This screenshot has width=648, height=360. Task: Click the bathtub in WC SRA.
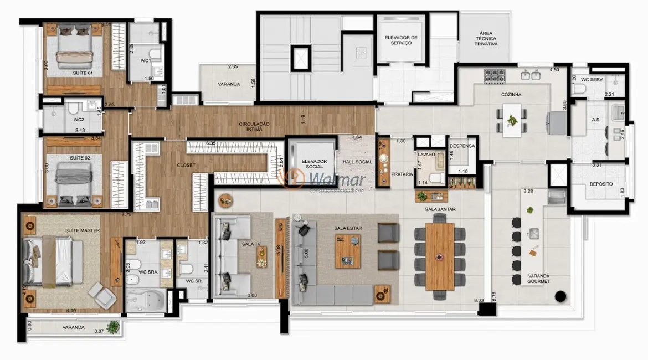click(x=144, y=302)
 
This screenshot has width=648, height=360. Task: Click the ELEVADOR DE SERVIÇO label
click(x=400, y=40)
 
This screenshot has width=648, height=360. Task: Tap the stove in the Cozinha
click(x=492, y=76)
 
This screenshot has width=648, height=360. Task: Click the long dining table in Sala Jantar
click(x=440, y=256)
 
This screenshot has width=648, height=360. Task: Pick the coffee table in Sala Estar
click(x=348, y=251)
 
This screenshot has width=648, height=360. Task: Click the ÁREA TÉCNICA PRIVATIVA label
click(x=486, y=39)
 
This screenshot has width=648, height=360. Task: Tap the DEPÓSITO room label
click(x=600, y=183)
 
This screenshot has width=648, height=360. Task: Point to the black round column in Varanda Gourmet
click(x=560, y=296)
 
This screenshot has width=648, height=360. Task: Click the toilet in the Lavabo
click(x=436, y=177)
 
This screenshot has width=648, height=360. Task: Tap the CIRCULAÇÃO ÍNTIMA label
click(x=254, y=127)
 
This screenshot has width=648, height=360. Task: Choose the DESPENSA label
click(x=462, y=146)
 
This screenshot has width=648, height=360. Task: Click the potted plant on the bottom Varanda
click(x=114, y=327)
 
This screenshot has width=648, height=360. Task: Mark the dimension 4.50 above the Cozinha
click(x=554, y=70)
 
